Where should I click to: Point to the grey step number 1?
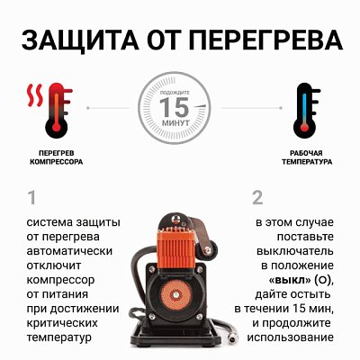pyautogui.click(x=31, y=197)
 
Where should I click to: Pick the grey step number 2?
pyautogui.click(x=257, y=197)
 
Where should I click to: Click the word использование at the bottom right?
pyautogui.click(x=294, y=338)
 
